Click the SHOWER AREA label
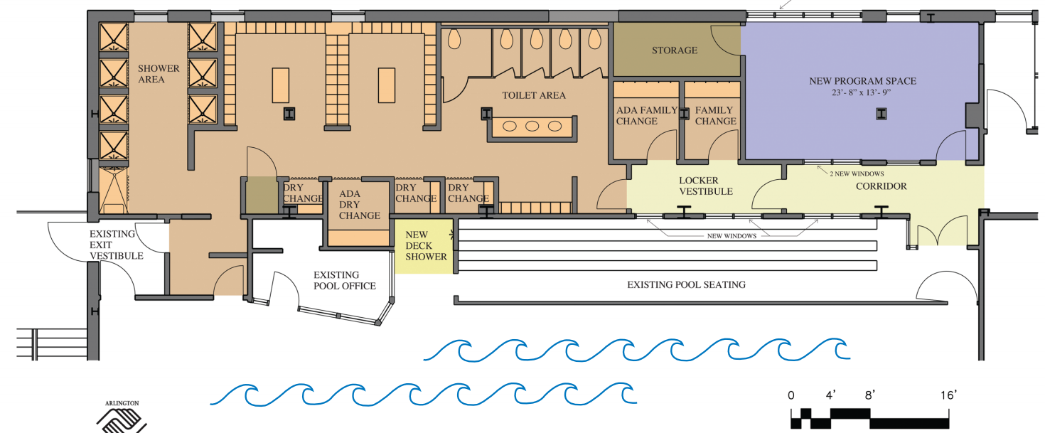tap(159, 74)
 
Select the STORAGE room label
tap(675, 50)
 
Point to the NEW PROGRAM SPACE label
tap(862, 81)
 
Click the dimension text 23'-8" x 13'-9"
tap(862, 93)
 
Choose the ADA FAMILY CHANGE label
tap(637, 115)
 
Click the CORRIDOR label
tap(881, 186)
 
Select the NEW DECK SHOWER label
tap(426, 245)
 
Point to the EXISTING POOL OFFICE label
tap(345, 280)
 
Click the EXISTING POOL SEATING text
tap(686, 285)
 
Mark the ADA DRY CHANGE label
tap(360, 204)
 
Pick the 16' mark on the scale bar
tap(948, 395)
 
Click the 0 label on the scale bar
tap(791, 395)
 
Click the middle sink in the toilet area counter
tap(532, 127)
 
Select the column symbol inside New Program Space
tap(880, 114)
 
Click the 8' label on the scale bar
tap(869, 395)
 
